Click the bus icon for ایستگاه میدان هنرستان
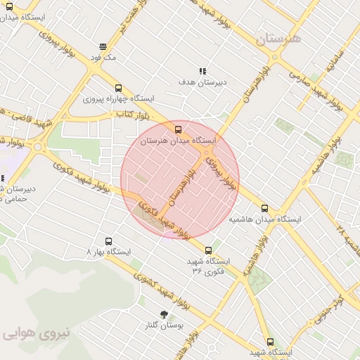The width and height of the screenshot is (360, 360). pos(178,129)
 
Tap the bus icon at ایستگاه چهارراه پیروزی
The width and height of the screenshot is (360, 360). pos(117,89)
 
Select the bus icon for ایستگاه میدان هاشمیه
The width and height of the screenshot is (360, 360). pos(264,208)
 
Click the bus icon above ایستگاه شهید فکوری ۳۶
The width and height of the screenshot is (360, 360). pos(208,250)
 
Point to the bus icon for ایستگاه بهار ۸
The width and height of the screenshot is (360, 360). pos(108,241)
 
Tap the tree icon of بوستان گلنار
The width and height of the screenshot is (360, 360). pos(165,314)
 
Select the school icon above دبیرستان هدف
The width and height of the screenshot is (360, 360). pos(202,71)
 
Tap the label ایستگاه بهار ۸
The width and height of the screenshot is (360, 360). pos(108,252)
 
